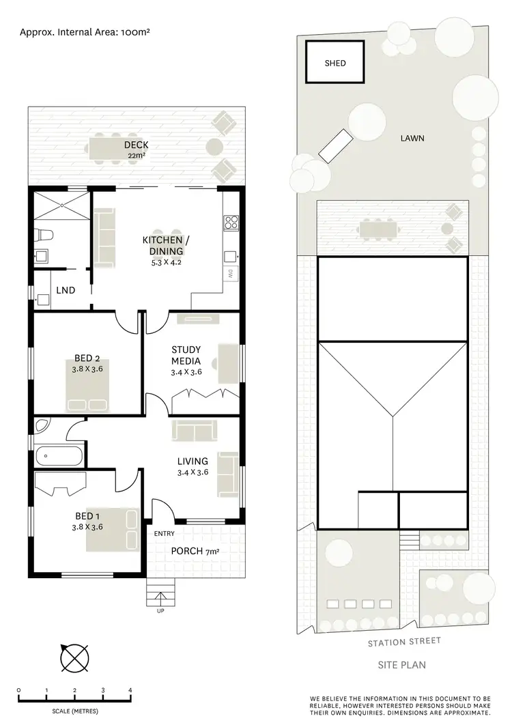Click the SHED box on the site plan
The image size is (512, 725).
point(335,63)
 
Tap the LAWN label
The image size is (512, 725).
point(412,138)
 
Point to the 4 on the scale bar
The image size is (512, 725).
point(130,691)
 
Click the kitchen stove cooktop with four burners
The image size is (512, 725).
point(231,222)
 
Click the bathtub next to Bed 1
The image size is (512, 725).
point(59,454)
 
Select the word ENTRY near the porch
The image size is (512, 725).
point(165,534)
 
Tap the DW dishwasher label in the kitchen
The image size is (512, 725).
point(229,274)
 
